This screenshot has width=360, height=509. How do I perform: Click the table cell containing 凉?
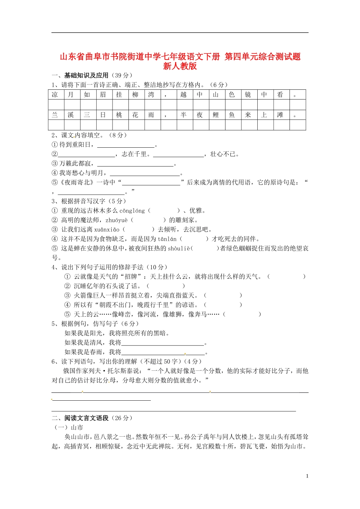pyautogui.click(x=55, y=95)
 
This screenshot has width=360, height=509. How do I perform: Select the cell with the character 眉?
pyautogui.click(x=103, y=95)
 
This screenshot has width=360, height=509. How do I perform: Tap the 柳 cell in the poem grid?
pyautogui.click(x=135, y=95)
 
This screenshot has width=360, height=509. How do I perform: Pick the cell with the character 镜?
pyautogui.click(x=248, y=95)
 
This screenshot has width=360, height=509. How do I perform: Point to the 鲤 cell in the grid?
pyautogui.click(x=216, y=115)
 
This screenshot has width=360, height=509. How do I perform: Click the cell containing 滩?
pyautogui.click(x=280, y=115)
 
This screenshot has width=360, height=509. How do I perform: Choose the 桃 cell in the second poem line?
pyautogui.click(x=119, y=115)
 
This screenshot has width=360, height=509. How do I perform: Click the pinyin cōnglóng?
pyautogui.click(x=132, y=211)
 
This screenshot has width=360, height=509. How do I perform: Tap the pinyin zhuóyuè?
pyautogui.click(x=117, y=220)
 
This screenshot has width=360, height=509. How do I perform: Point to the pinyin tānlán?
pyautogui.click(x=167, y=239)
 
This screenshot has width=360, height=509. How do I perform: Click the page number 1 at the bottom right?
pyautogui.click(x=307, y=476)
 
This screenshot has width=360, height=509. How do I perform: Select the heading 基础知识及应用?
pyautogui.click(x=86, y=75)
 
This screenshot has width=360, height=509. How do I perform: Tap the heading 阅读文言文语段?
pyautogui.click(x=86, y=418)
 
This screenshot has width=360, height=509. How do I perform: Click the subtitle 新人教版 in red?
pyautogui.click(x=180, y=66)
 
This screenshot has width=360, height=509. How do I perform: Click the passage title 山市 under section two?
pyautogui.click(x=77, y=428)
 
